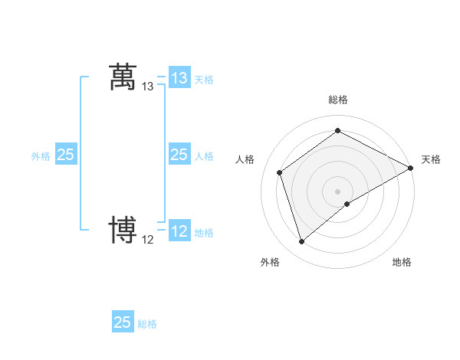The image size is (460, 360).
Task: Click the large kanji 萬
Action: pyautogui.click(x=123, y=77)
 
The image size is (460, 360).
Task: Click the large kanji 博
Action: pyautogui.click(x=123, y=230)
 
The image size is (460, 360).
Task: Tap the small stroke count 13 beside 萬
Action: pyautogui.click(x=148, y=87)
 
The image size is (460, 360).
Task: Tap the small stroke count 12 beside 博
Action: pyautogui.click(x=148, y=240)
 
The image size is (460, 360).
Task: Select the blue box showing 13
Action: pyautogui.click(x=179, y=77)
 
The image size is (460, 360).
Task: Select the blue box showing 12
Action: pyautogui.click(x=179, y=231)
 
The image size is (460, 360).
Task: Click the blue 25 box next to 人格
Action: pyautogui.click(x=179, y=155)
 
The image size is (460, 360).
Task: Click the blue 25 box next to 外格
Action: pyautogui.click(x=66, y=155)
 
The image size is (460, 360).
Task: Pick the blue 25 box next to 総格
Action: pyautogui.click(x=123, y=322)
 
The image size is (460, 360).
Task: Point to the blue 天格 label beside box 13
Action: pyautogui.click(x=204, y=79)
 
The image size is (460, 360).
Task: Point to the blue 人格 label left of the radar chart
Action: pyautogui.click(x=204, y=156)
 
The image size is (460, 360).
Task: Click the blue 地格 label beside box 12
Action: pyautogui.click(x=204, y=232)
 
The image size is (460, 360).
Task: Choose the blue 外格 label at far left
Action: pyautogui.click(x=41, y=156)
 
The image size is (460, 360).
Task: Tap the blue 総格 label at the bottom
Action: pyautogui.click(x=147, y=324)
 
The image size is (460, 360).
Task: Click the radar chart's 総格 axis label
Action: pyautogui.click(x=337, y=100)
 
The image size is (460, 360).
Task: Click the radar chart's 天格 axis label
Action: pyautogui.click(x=431, y=159)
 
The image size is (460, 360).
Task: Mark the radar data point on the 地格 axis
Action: pyautogui.click(x=347, y=204)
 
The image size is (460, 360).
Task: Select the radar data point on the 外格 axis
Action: pyautogui.click(x=301, y=242)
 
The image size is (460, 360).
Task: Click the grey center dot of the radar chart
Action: pyautogui.click(x=337, y=191)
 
